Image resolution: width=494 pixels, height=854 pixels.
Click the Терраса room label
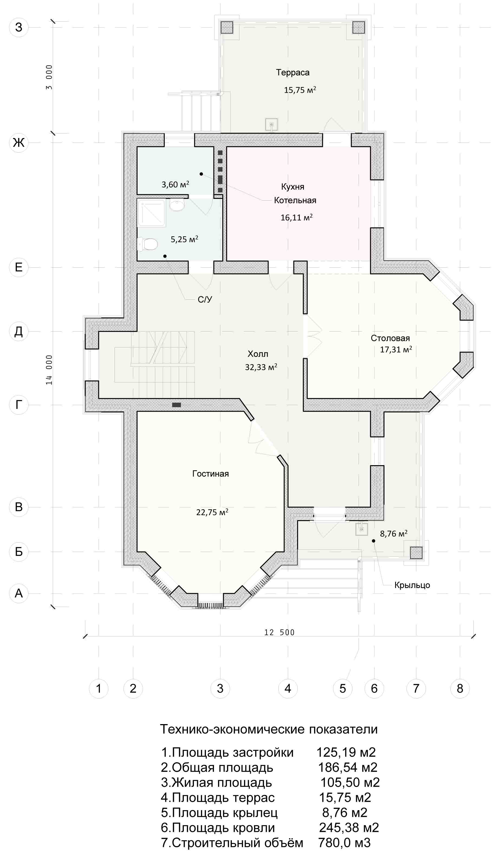click(x=292, y=73)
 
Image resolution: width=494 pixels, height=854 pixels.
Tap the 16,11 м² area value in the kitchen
click(x=297, y=217)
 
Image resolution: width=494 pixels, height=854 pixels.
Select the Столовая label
click(x=390, y=338)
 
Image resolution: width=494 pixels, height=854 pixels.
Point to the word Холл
click(x=258, y=354)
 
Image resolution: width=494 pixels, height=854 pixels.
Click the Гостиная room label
click(x=210, y=474)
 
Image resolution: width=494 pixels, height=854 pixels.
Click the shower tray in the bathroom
click(x=151, y=213)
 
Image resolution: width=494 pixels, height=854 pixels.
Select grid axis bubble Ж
click(x=19, y=143)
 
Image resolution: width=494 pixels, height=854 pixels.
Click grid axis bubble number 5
click(x=343, y=688)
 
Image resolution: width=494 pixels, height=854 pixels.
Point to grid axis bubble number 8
click(x=460, y=688)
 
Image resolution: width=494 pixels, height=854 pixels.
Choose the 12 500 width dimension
click(x=279, y=632)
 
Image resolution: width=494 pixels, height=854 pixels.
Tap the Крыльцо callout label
click(x=412, y=585)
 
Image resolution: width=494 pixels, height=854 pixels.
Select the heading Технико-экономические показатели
click(x=269, y=729)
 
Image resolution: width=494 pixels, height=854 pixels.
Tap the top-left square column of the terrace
click(x=227, y=27)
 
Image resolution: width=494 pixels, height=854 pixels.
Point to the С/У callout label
click(x=205, y=299)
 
